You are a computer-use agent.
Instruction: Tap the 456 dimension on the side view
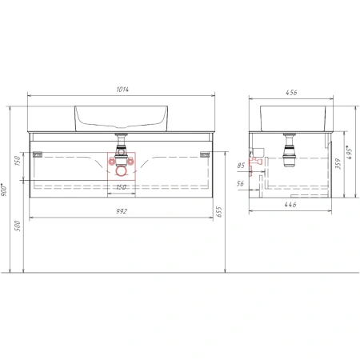coord(293,92)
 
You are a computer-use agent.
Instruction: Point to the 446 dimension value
coord(293,205)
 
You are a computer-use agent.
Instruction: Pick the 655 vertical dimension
coord(218,211)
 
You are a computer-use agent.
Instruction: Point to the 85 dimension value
coord(241,166)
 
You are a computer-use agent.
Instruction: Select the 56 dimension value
coord(241,183)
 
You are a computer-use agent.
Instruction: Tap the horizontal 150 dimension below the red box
coord(121,187)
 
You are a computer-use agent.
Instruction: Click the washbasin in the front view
coord(120,118)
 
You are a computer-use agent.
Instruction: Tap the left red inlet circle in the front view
coord(111,160)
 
